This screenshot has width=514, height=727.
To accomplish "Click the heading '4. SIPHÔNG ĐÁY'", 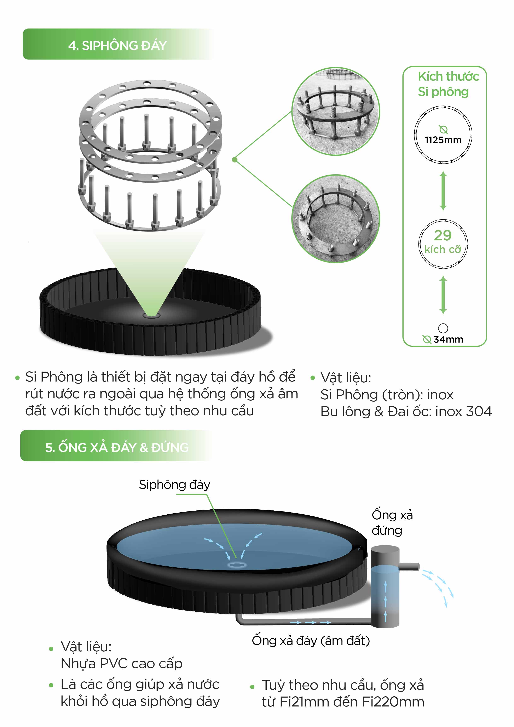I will click(x=117, y=45).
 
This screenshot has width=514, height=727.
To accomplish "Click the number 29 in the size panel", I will click(x=443, y=235).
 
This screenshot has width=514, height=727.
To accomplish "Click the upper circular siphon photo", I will click(x=335, y=111).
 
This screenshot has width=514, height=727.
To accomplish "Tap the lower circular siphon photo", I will click(x=335, y=218).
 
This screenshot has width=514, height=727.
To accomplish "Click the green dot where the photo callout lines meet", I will click(x=235, y=160).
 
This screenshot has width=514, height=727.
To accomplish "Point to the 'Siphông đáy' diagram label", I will click(x=174, y=485).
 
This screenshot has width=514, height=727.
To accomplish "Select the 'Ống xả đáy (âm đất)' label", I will click(x=311, y=641).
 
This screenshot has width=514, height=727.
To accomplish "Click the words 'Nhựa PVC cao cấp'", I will click(x=122, y=663).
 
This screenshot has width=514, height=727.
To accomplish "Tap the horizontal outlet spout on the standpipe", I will click(x=409, y=566).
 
